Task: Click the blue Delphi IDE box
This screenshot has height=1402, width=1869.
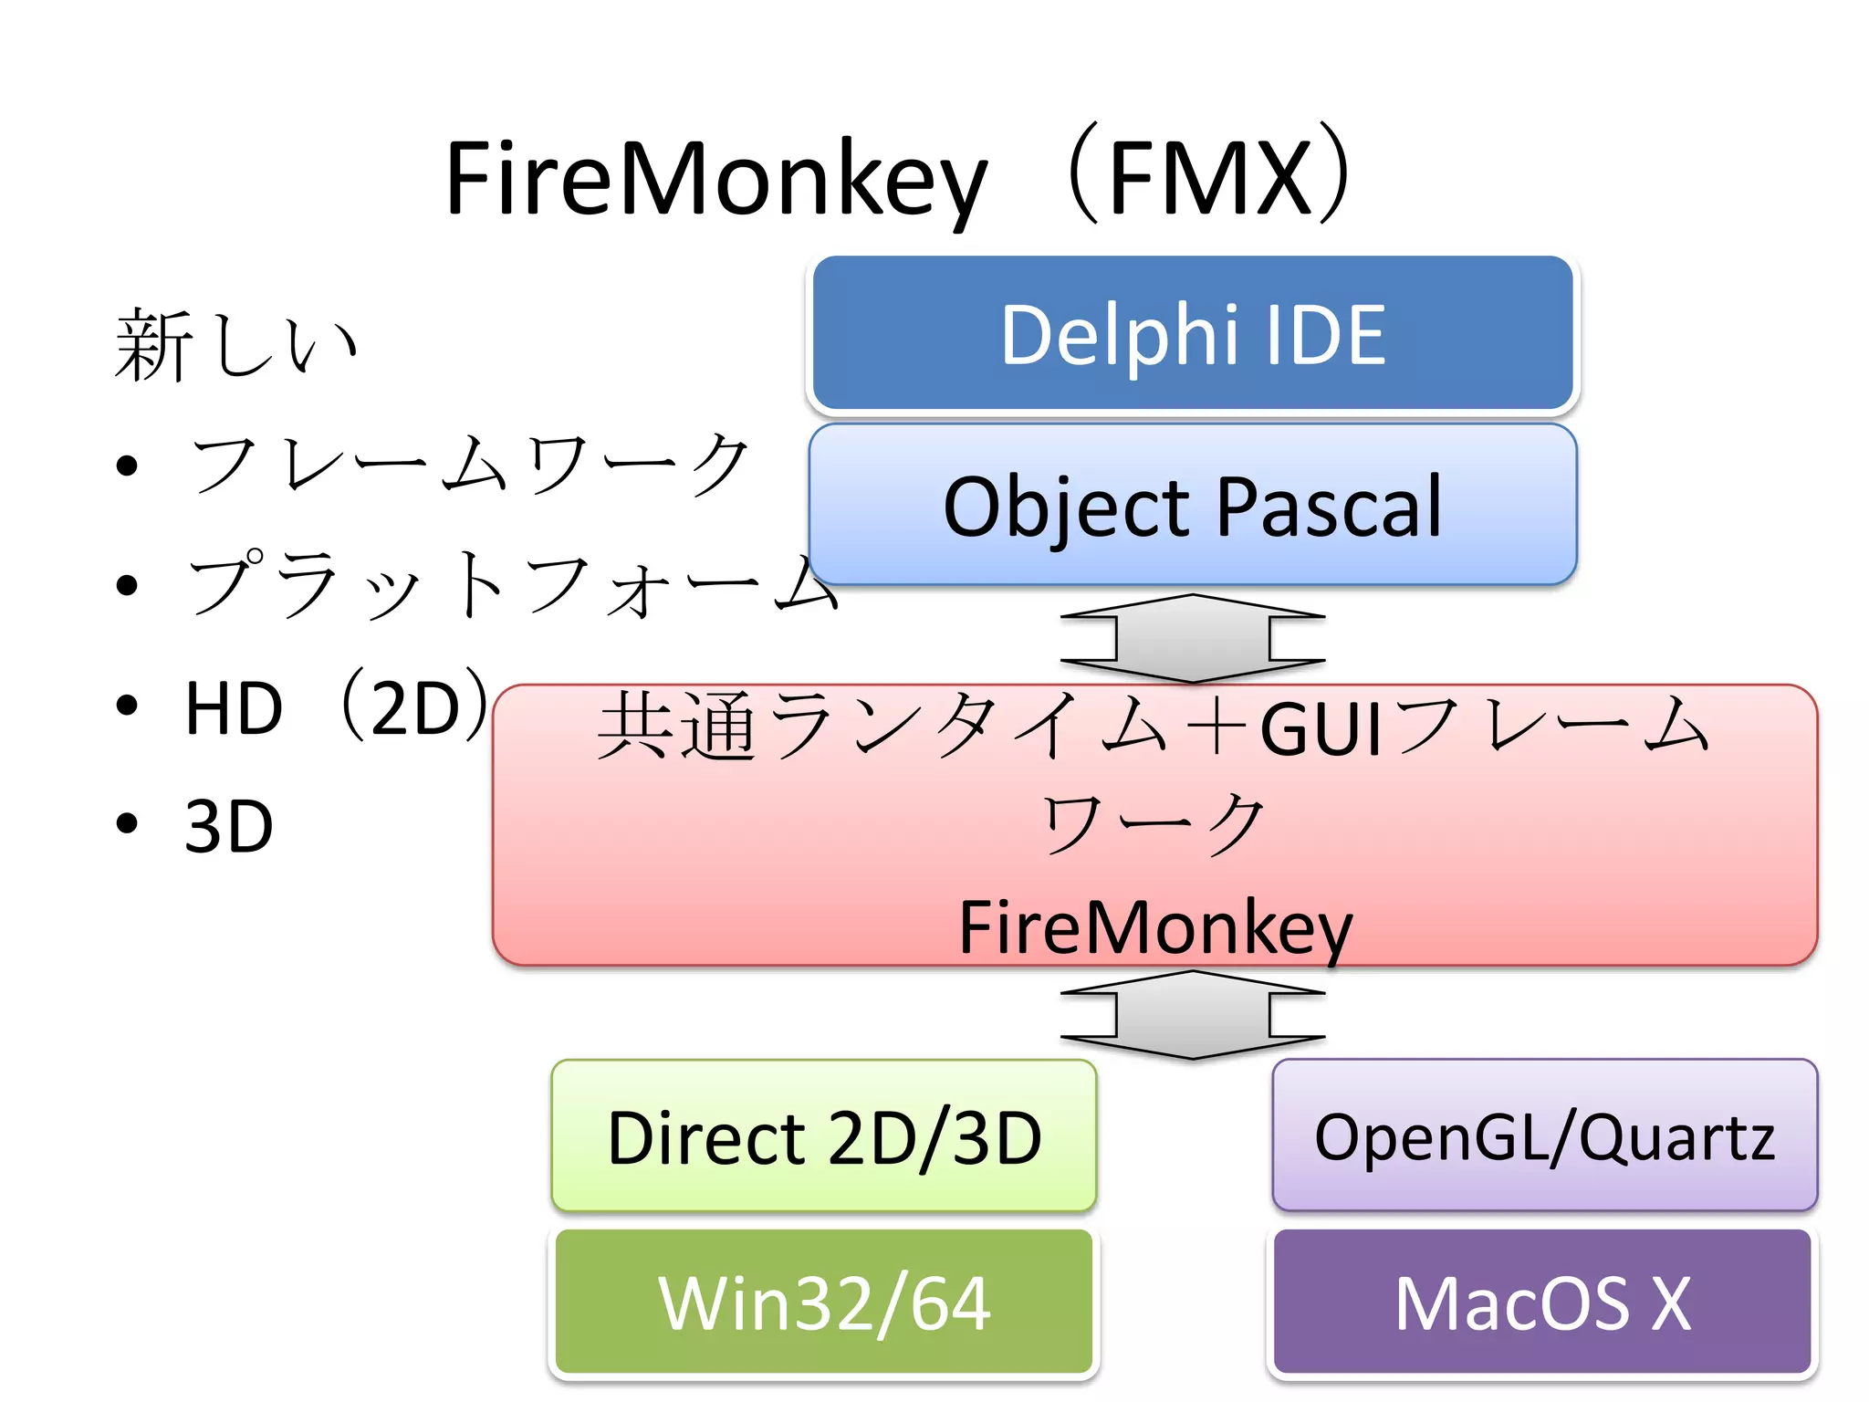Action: click(x=1193, y=334)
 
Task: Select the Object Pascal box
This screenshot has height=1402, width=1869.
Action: click(x=1193, y=505)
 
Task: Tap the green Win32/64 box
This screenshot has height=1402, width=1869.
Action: click(x=823, y=1302)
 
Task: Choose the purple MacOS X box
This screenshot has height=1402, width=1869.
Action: click(x=1542, y=1302)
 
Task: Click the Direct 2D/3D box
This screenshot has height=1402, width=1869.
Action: click(x=823, y=1137)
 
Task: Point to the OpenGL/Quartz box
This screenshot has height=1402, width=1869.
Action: click(x=1544, y=1137)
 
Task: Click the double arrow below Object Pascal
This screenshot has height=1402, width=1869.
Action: click(x=1193, y=638)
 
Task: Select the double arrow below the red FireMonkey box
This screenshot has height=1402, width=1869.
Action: click(x=1193, y=1014)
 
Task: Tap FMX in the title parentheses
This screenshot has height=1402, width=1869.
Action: click(x=1209, y=179)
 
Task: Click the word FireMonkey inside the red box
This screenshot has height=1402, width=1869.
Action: click(x=1155, y=927)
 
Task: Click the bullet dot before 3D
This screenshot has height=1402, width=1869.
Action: click(x=127, y=823)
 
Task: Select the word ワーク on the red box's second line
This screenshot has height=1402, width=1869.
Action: click(x=1154, y=823)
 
